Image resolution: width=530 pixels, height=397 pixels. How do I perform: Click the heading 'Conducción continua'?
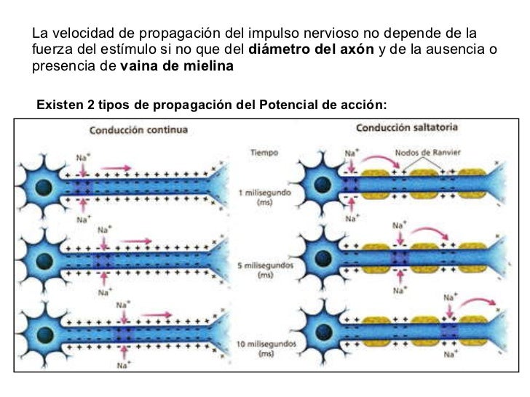tap(138, 131)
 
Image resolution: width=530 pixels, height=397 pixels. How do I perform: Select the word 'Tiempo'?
tap(264, 153)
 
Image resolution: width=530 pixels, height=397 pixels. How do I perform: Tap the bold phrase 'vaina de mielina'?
tap(177, 67)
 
